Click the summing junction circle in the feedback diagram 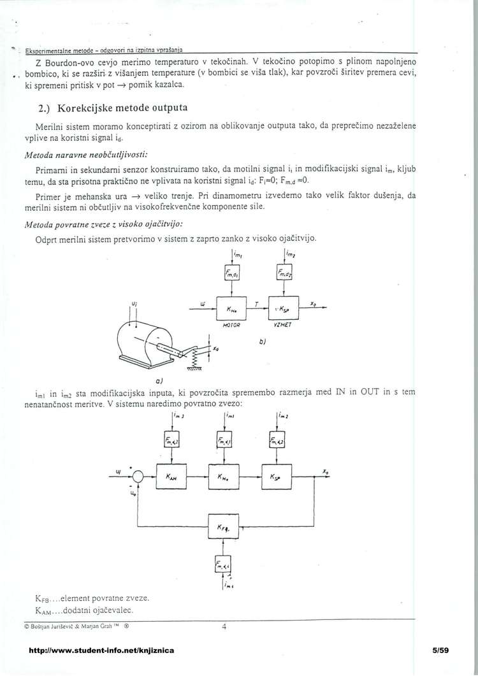tap(138, 475)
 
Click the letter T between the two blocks tap(256, 305)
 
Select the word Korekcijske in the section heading tap(82, 106)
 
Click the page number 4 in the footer tap(224, 626)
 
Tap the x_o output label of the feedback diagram tap(326, 472)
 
